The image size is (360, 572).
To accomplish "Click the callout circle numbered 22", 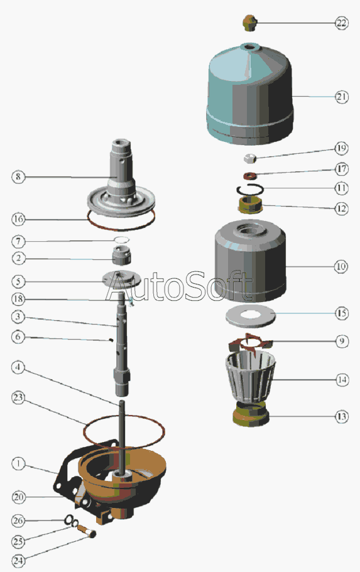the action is pyautogui.click(x=341, y=23).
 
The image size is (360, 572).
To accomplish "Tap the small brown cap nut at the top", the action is pyautogui.click(x=249, y=23).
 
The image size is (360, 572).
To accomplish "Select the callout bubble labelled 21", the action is pyautogui.click(x=341, y=97).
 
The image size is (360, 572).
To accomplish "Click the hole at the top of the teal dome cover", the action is pyautogui.click(x=249, y=46).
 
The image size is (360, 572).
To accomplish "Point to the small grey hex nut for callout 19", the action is pyautogui.click(x=249, y=158).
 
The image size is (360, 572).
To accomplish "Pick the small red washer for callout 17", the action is pyautogui.click(x=250, y=176).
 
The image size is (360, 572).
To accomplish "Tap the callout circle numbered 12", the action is pyautogui.click(x=341, y=208).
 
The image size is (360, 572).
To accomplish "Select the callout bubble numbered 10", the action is pyautogui.click(x=341, y=267).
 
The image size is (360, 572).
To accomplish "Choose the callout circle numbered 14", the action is pyautogui.click(x=342, y=380).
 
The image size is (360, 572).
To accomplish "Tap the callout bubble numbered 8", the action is pyautogui.click(x=18, y=177).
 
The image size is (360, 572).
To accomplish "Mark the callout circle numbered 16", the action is pyautogui.click(x=18, y=219).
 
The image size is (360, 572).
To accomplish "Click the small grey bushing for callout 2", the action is pyautogui.click(x=121, y=255).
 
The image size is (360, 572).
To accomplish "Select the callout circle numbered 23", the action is pyautogui.click(x=18, y=397).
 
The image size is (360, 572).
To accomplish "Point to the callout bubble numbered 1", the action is pyautogui.click(x=18, y=463).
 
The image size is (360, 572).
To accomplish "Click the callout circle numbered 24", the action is pyautogui.click(x=18, y=560).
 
